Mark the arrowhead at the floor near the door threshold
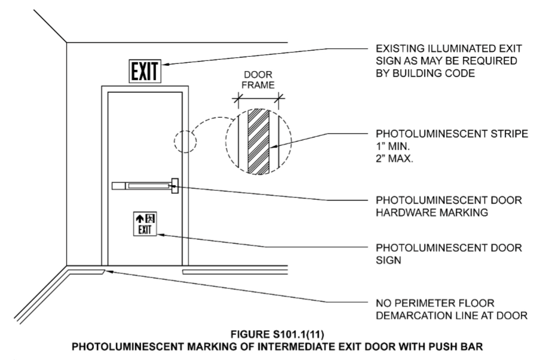click(108, 272)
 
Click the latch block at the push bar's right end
click(175, 187)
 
